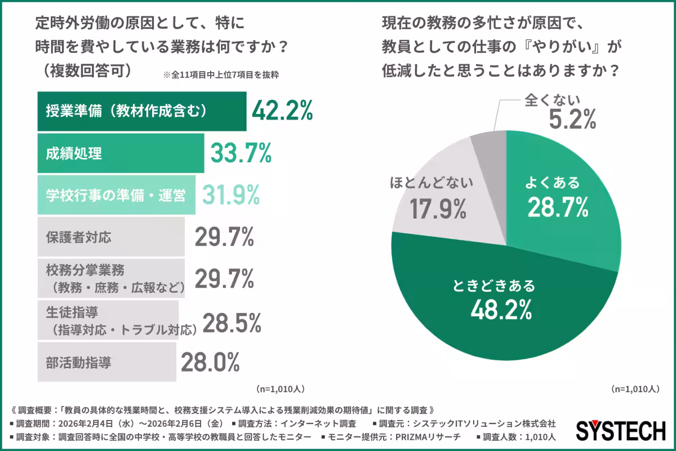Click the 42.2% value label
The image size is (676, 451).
click(282, 111)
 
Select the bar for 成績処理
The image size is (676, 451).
click(121, 153)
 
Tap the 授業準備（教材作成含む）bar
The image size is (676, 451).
click(141, 111)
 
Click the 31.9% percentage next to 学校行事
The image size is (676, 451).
click(230, 195)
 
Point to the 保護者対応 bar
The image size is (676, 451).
click(110, 237)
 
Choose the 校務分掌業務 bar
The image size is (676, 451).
click(110, 278)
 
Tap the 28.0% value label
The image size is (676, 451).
click(211, 362)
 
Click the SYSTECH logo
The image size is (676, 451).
click(620, 431)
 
